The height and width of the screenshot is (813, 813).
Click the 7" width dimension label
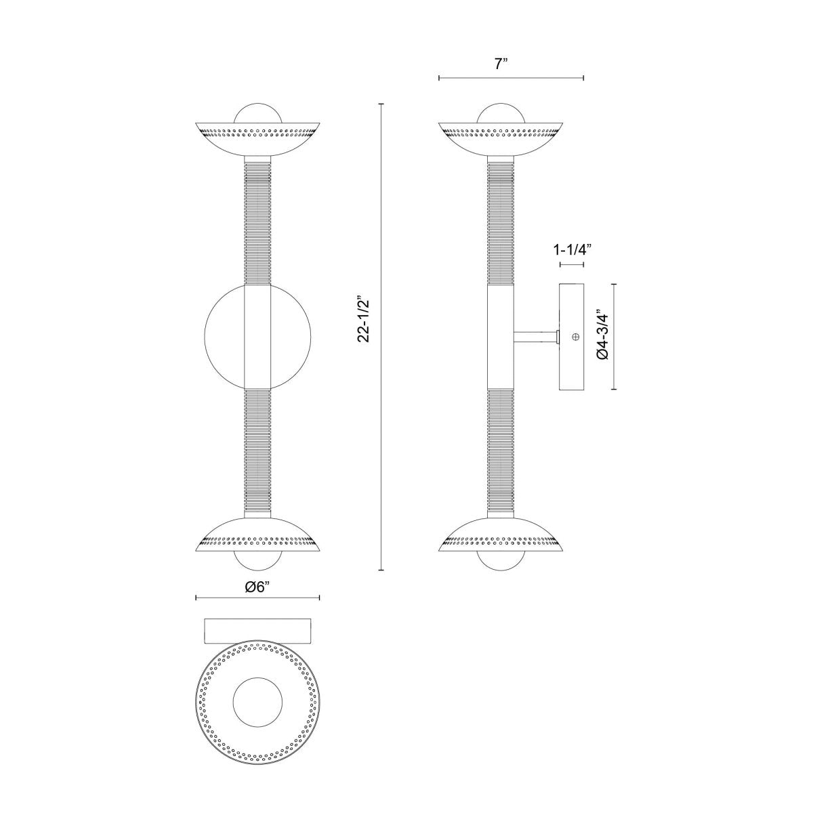pyautogui.click(x=501, y=64)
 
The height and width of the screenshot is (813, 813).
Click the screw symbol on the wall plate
pyautogui.click(x=576, y=337)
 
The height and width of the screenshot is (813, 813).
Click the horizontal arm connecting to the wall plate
pyautogui.click(x=535, y=336)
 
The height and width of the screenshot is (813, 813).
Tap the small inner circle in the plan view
pyautogui.click(x=257, y=702)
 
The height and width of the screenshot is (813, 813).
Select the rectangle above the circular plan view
pyautogui.click(x=257, y=630)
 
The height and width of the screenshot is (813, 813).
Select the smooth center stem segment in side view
pyautogui.click(x=501, y=336)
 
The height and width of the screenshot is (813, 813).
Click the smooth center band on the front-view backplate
pyautogui.click(x=257, y=336)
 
